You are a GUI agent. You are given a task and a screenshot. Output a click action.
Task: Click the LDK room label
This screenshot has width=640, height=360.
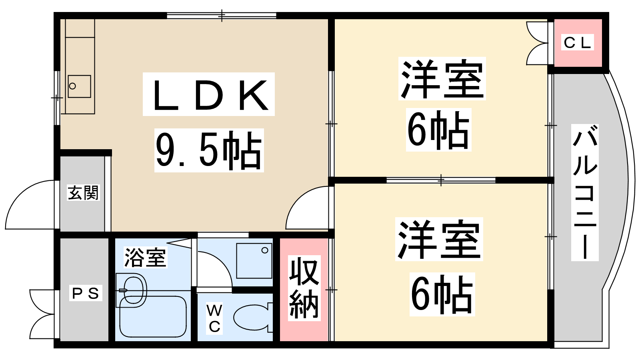pos(209,94)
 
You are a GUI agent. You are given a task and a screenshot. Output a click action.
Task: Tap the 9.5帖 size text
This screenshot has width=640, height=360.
pos(209,150)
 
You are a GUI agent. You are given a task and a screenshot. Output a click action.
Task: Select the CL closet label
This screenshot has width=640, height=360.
pos(577,42)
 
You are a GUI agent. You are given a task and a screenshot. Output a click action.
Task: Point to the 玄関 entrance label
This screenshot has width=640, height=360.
pos(83,193)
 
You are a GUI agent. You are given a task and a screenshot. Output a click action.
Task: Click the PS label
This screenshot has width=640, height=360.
pos(85,293)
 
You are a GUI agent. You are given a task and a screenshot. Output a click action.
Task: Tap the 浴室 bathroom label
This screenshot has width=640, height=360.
pos(145,257)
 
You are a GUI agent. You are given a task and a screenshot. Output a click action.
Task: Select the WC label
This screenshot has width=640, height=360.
pos(214,318)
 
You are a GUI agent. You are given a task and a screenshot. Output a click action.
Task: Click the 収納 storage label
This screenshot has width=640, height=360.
pos(304,288)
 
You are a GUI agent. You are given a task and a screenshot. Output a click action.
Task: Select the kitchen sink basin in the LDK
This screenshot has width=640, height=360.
pos(79,86)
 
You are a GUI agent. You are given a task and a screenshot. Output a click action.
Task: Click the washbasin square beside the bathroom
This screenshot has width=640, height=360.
pos(254,260)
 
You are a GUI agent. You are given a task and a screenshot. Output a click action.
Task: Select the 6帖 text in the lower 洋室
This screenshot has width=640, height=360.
pos(442,294)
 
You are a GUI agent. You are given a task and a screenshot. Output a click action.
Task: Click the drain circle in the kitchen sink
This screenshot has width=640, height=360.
pos(72,86)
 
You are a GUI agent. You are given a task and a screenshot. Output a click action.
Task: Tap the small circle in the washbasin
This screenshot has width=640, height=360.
pos(265,250)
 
